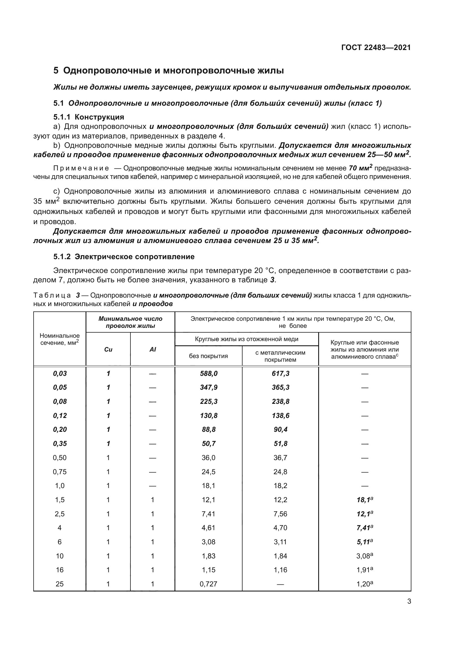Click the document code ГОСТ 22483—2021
pyautogui.click(x=376, y=47)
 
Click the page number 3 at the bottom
pyautogui.click(x=409, y=601)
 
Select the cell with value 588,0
pyautogui.click(x=209, y=374)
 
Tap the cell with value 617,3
pyautogui.click(x=280, y=374)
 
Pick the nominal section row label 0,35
pyautogui.click(x=60, y=444)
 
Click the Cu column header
pyautogui.click(x=108, y=350)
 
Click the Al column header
pyautogui.click(x=153, y=350)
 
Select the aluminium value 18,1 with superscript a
pyautogui.click(x=364, y=500)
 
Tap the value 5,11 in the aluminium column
pyautogui.click(x=364, y=542)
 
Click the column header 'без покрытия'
pyautogui.click(x=208, y=356)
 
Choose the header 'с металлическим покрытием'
pyautogui.click(x=280, y=356)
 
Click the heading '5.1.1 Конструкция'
pyautogui.click(x=89, y=117)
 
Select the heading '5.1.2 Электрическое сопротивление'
pyautogui.click(x=124, y=257)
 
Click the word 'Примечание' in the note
pyautogui.click(x=81, y=168)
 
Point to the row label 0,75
pyautogui.click(x=60, y=472)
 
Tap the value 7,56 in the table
pyautogui.click(x=280, y=514)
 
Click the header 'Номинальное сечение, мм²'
pyautogui.click(x=60, y=339)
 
